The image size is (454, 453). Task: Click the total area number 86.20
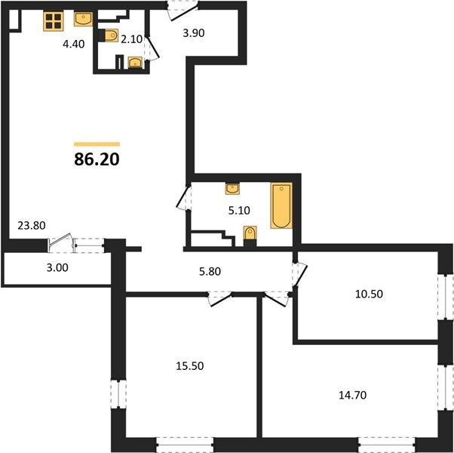click(97, 159)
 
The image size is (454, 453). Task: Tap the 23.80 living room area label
click(32, 225)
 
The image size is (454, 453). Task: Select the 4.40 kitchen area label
click(74, 44)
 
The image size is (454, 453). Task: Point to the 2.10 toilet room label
click(132, 39)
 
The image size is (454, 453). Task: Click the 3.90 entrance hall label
click(194, 33)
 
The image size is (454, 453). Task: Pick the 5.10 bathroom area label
click(239, 211)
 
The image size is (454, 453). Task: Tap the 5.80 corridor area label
click(210, 271)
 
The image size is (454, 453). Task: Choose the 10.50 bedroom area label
click(370, 294)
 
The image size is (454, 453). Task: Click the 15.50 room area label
click(190, 365)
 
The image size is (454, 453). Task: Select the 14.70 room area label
click(353, 395)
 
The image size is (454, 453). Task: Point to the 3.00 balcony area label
click(57, 268)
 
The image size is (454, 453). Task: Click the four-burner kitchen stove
click(54, 21)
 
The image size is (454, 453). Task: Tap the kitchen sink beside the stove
click(83, 19)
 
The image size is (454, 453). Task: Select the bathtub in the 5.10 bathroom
click(281, 205)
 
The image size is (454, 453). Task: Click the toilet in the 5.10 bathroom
click(250, 236)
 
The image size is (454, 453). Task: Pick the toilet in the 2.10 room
click(109, 35)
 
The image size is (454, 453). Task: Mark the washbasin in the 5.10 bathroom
click(232, 189)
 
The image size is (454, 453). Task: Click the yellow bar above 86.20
click(97, 144)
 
